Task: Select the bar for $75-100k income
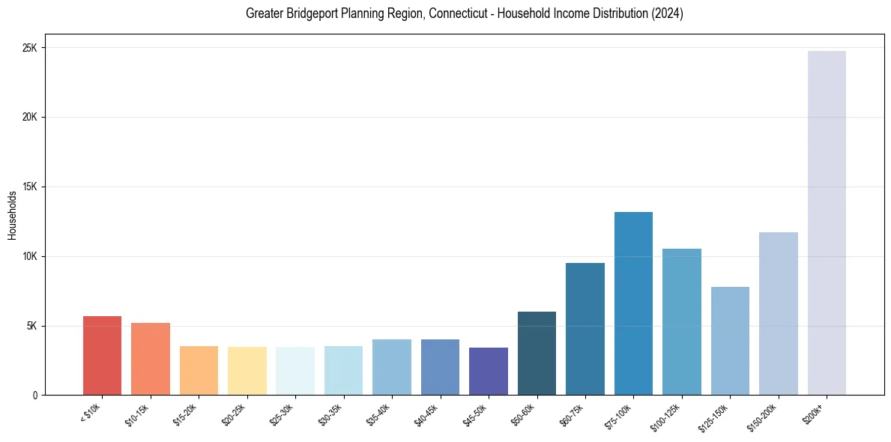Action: click(x=633, y=303)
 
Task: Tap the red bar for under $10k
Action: click(x=102, y=356)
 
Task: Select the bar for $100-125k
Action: click(x=681, y=322)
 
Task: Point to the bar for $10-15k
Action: click(x=151, y=359)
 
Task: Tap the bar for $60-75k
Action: click(x=585, y=329)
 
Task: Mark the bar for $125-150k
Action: click(x=730, y=341)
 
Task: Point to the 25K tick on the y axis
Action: click(x=29, y=48)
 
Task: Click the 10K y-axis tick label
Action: click(x=29, y=256)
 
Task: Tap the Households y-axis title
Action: click(x=13, y=215)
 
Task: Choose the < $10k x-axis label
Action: click(x=91, y=414)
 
